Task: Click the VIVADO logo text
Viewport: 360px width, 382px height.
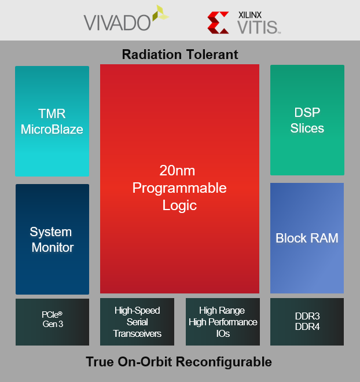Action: coord(117,23)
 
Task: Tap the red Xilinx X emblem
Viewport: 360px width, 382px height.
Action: coord(218,23)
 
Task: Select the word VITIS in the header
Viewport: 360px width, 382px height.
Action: coord(258,27)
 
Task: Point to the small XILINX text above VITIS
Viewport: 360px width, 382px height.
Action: coord(250,15)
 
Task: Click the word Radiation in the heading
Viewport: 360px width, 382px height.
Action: coord(152,54)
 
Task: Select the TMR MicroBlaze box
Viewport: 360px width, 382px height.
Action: coord(52,121)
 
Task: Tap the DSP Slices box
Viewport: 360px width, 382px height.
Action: coord(307,120)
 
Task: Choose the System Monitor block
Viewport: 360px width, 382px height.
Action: coord(52,239)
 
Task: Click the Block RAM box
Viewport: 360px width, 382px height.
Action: coord(307,238)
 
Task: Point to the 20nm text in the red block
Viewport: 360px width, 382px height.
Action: coord(177,171)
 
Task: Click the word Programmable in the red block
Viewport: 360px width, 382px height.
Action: coord(179,188)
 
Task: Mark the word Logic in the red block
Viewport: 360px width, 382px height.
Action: coord(179,205)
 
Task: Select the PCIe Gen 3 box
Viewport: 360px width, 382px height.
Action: coord(52,322)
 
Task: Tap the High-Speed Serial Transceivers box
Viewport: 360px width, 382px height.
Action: coord(137,322)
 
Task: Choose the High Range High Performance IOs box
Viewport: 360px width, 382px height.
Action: coord(223,322)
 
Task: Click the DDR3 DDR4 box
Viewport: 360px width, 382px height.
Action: coord(307,322)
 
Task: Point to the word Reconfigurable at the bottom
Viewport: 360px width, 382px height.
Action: coord(223,362)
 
